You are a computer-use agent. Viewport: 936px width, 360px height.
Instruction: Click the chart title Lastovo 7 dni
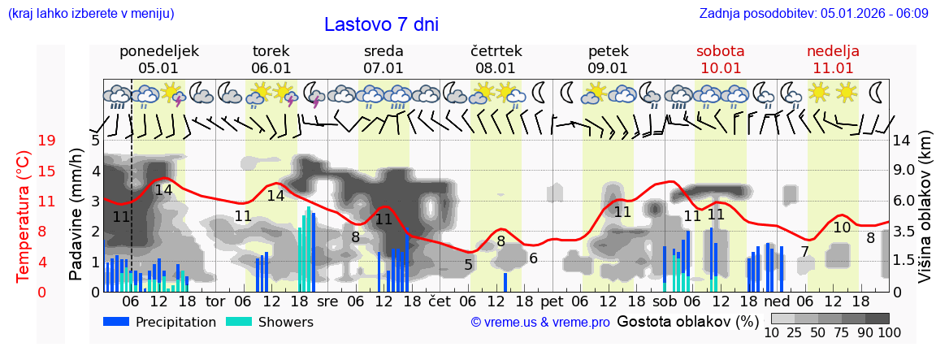pyautogui.click(x=381, y=24)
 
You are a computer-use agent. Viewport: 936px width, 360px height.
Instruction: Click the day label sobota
pyautogui.click(x=720, y=51)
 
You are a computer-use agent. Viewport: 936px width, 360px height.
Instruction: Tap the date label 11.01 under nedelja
pyautogui.click(x=833, y=68)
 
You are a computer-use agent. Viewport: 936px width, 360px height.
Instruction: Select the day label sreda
pyautogui.click(x=383, y=51)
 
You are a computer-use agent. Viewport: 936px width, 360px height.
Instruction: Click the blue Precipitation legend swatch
pyautogui.click(x=117, y=322)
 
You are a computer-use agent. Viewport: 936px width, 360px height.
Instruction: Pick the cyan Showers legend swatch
pyautogui.click(x=239, y=322)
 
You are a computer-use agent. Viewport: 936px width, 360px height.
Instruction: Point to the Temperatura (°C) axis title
pyautogui.click(x=24, y=215)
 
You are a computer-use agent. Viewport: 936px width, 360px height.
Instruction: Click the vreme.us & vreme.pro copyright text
pyautogui.click(x=540, y=323)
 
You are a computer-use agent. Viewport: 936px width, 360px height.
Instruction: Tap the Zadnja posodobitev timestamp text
pyautogui.click(x=813, y=14)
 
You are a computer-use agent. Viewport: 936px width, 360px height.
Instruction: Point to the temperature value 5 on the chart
pyautogui.click(x=469, y=264)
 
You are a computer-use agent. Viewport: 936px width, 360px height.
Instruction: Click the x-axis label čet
pyautogui.click(x=440, y=300)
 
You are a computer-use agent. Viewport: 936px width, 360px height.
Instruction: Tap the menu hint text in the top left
pyautogui.click(x=90, y=14)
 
